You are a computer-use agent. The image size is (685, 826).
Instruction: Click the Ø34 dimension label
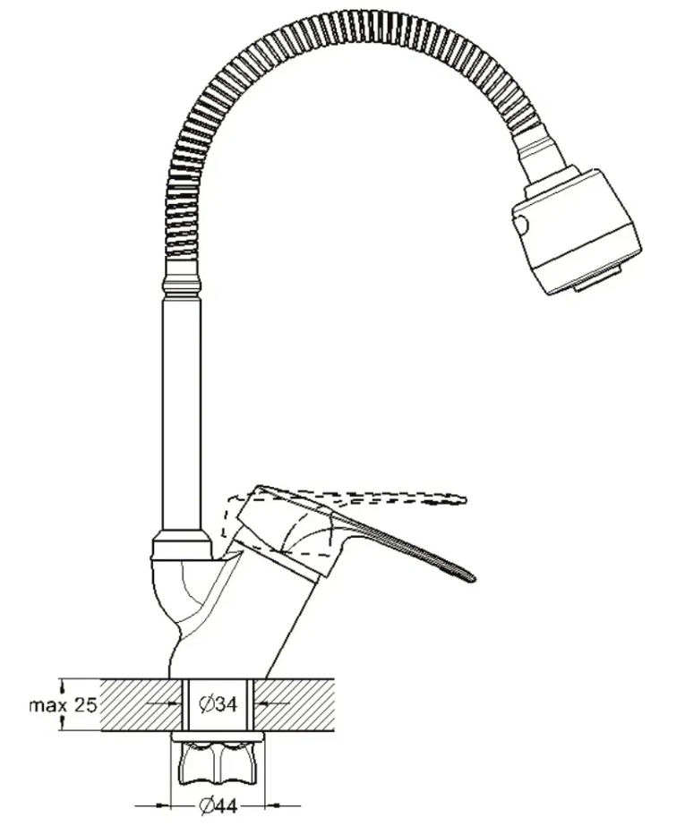(218, 703)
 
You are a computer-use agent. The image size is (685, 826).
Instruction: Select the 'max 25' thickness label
(64, 705)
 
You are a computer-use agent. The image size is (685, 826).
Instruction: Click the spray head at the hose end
(577, 231)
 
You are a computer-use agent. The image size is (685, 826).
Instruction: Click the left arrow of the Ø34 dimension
(163, 703)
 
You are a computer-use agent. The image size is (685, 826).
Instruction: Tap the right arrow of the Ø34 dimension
(272, 703)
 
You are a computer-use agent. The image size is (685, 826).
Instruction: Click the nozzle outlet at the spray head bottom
(600, 280)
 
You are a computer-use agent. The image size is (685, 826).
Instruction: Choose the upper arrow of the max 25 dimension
(64, 685)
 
